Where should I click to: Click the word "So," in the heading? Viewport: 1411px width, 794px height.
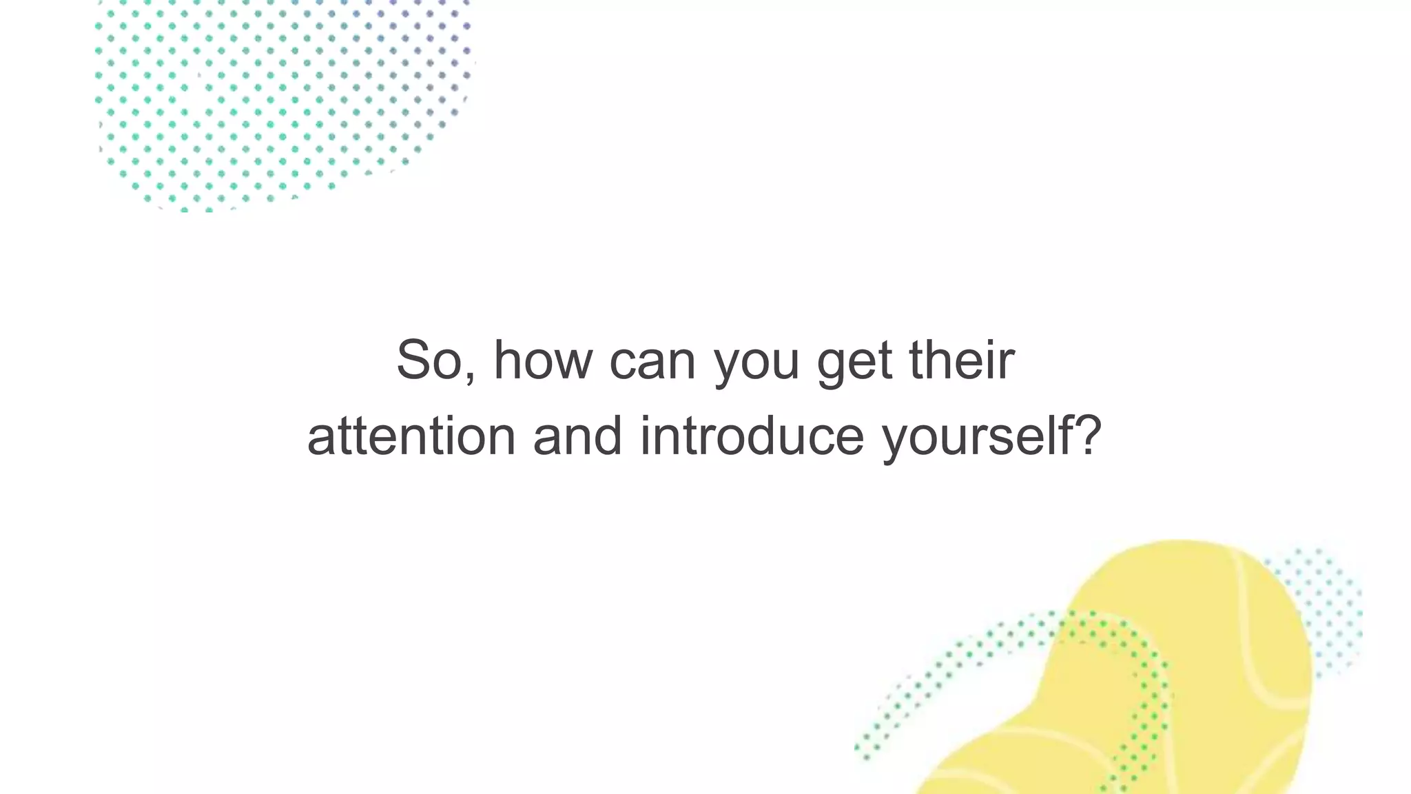pos(435,360)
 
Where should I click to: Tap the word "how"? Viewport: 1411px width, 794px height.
pos(543,360)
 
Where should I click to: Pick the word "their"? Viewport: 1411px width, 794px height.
pos(962,360)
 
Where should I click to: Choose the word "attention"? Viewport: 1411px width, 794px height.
pos(411,436)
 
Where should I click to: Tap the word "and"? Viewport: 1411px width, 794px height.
pos(578,436)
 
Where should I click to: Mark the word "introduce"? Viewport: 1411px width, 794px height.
pos(752,436)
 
